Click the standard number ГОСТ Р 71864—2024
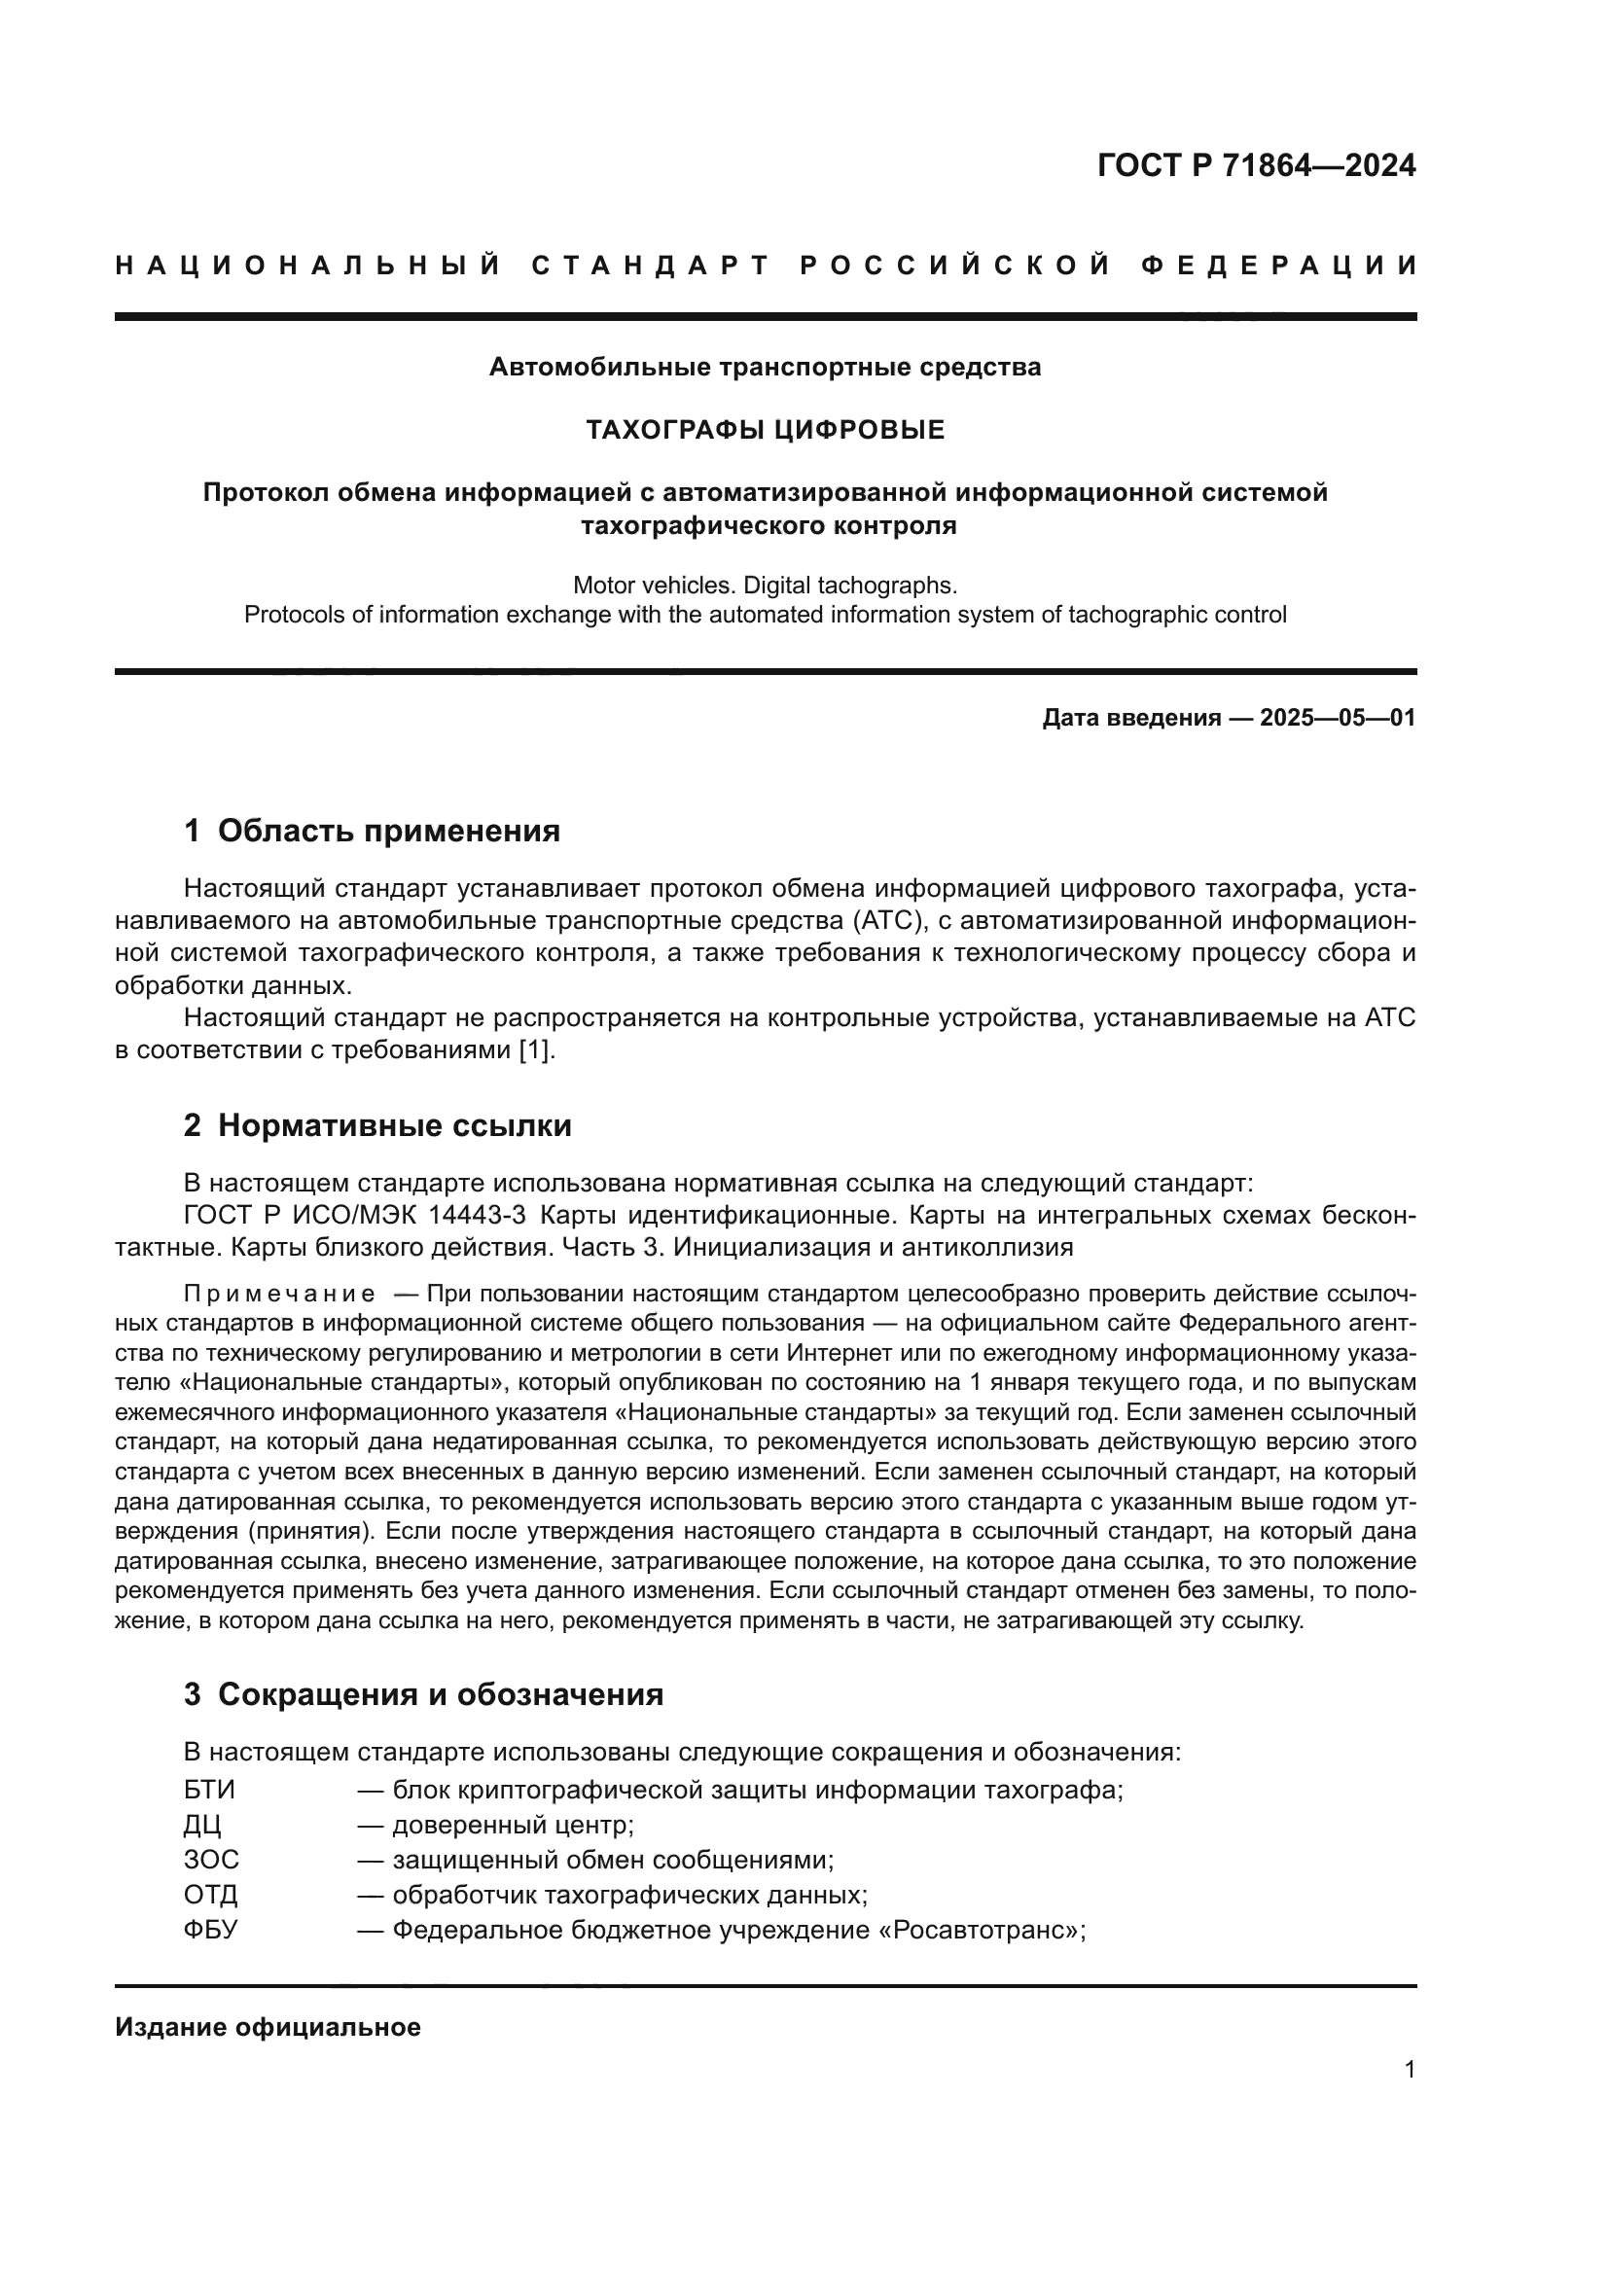coord(1255,165)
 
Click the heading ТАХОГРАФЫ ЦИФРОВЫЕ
coord(765,430)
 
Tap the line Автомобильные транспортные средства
coord(765,368)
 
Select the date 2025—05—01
coord(1338,719)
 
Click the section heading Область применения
coord(388,831)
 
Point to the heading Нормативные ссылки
coord(394,1125)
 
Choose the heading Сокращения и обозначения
coord(440,1694)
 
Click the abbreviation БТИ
coord(209,1791)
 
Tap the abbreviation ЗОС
coord(211,1860)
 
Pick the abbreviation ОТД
coord(210,1895)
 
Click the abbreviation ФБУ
coord(210,1930)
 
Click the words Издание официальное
coord(268,2026)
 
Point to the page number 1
coord(1410,2069)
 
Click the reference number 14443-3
coord(478,1215)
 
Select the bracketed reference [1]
coord(536,1050)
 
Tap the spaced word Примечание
coord(279,1294)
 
